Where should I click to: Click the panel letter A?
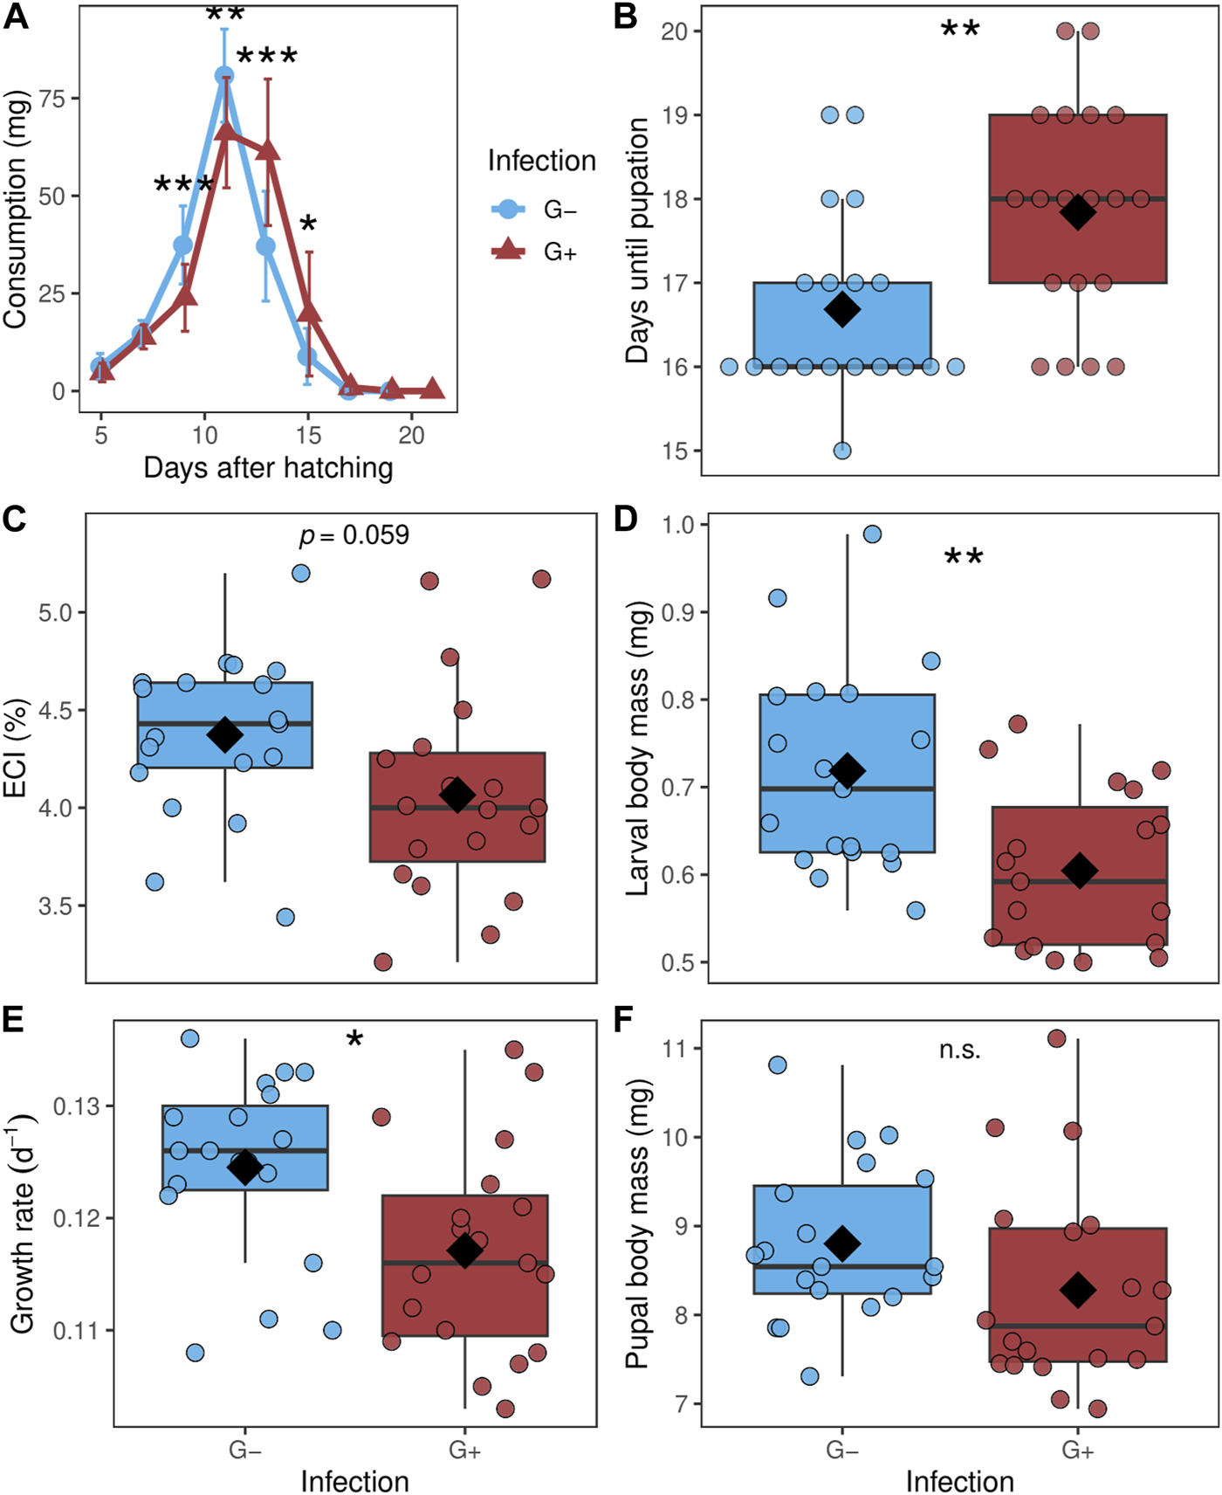(16, 17)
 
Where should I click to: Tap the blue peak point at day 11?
(224, 76)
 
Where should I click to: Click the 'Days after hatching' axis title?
(268, 468)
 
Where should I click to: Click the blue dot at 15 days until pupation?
(842, 451)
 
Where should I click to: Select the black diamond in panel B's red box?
(1078, 212)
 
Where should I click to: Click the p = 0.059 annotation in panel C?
(354, 534)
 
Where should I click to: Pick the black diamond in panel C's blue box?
(224, 734)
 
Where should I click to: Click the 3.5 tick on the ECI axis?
(56, 906)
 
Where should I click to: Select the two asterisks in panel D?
(964, 557)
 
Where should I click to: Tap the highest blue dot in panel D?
(872, 534)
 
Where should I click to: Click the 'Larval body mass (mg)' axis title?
(638, 747)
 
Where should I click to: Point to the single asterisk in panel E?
(354, 1039)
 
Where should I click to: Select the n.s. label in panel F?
(960, 1050)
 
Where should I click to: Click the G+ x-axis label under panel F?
(1077, 1450)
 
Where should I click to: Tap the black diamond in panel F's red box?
(1078, 1289)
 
